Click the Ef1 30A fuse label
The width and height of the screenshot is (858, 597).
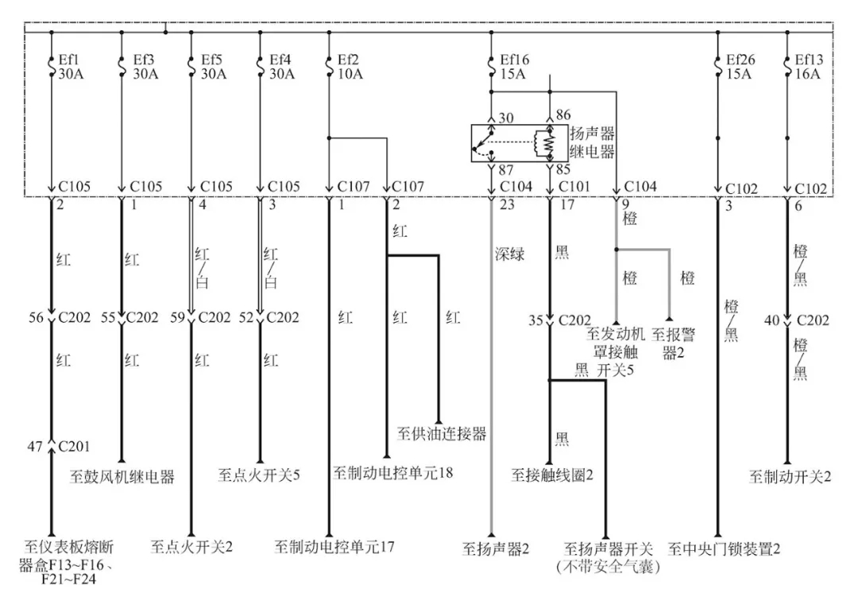(70, 66)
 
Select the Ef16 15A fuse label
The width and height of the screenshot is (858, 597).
(512, 66)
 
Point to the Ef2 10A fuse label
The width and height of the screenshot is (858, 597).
(349, 66)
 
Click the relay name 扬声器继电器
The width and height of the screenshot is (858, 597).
(592, 142)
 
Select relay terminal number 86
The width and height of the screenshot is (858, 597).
(563, 116)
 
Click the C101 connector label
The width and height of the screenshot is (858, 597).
(576, 187)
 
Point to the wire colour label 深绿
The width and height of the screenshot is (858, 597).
(509, 255)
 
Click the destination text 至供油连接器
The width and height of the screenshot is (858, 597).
(440, 434)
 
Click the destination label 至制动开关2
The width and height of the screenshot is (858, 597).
(790, 476)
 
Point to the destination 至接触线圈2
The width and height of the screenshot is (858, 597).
(553, 475)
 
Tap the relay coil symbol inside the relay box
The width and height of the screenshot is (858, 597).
(546, 143)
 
